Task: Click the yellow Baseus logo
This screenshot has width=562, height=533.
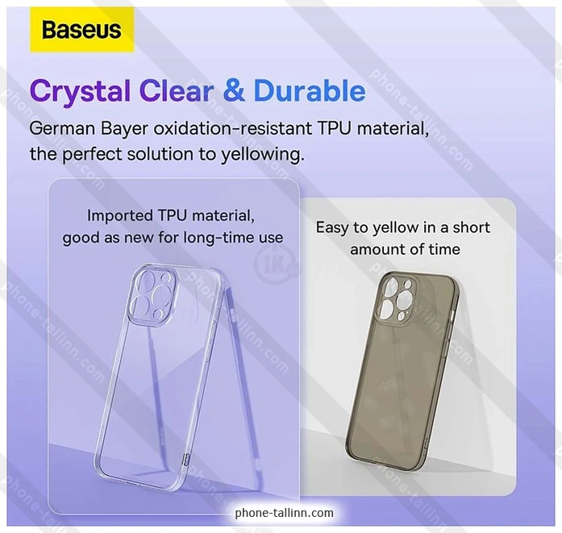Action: (81, 30)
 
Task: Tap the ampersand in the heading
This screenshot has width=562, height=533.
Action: (234, 90)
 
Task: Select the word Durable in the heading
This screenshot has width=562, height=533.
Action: (310, 90)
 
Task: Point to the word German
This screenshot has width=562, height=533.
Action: (62, 128)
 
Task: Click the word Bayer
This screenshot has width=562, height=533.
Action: (124, 130)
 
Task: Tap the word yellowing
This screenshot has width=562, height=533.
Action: (262, 155)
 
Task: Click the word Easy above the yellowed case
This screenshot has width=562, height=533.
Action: (331, 228)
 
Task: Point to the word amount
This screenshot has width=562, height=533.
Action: (377, 249)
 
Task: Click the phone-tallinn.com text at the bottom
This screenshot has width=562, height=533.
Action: (285, 513)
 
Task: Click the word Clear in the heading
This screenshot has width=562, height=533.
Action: (177, 90)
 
